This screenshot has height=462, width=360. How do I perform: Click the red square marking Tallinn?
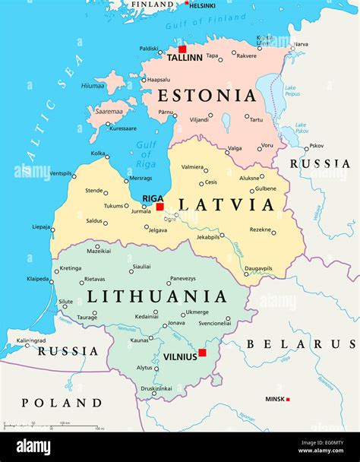click(x=182, y=49)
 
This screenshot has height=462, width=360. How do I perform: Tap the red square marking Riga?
click(x=159, y=206)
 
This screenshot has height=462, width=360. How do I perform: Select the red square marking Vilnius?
click(x=202, y=352)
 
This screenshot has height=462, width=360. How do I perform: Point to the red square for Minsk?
click(x=288, y=399)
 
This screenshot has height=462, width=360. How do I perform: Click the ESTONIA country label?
click(x=206, y=96)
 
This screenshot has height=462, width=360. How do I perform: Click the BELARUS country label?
click(x=306, y=344)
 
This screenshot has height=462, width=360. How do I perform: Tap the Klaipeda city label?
click(x=38, y=279)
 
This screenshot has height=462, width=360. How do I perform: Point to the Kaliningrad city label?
click(x=31, y=340)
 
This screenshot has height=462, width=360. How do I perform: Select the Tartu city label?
click(x=257, y=119)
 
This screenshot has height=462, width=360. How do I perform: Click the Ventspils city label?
click(x=61, y=173)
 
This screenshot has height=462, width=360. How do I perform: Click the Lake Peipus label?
click(x=291, y=91)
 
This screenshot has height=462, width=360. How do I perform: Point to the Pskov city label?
click(x=316, y=145)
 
